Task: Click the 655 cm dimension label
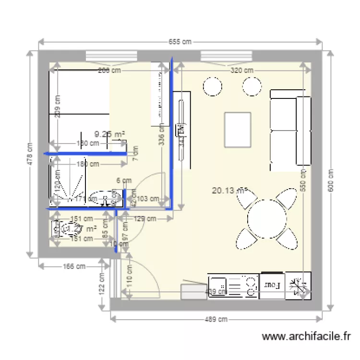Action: pyautogui.click(x=180, y=42)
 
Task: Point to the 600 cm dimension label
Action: pyautogui.click(x=330, y=180)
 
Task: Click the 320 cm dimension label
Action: pyautogui.click(x=242, y=70)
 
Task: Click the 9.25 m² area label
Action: pyautogui.click(x=110, y=135)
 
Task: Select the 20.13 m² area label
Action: pyautogui.click(x=229, y=190)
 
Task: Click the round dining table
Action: pyautogui.click(x=266, y=219)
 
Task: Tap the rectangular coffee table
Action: pyautogui.click(x=238, y=130)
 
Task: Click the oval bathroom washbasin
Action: pyautogui.click(x=104, y=198)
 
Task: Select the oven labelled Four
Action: pyautogui.click(x=273, y=286)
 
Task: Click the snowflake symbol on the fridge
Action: pyautogui.click(x=299, y=286)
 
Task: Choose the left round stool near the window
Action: pyautogui.click(x=212, y=86)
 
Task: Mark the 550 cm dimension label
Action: pyautogui.click(x=303, y=180)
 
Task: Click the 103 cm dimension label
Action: pyautogui.click(x=148, y=198)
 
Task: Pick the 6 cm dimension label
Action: pyautogui.click(x=123, y=181)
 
